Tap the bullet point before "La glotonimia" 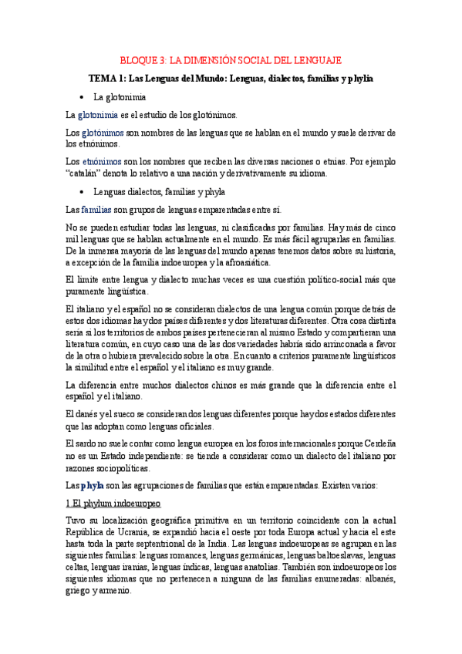pos(82,98)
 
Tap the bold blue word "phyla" pos(93,485)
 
